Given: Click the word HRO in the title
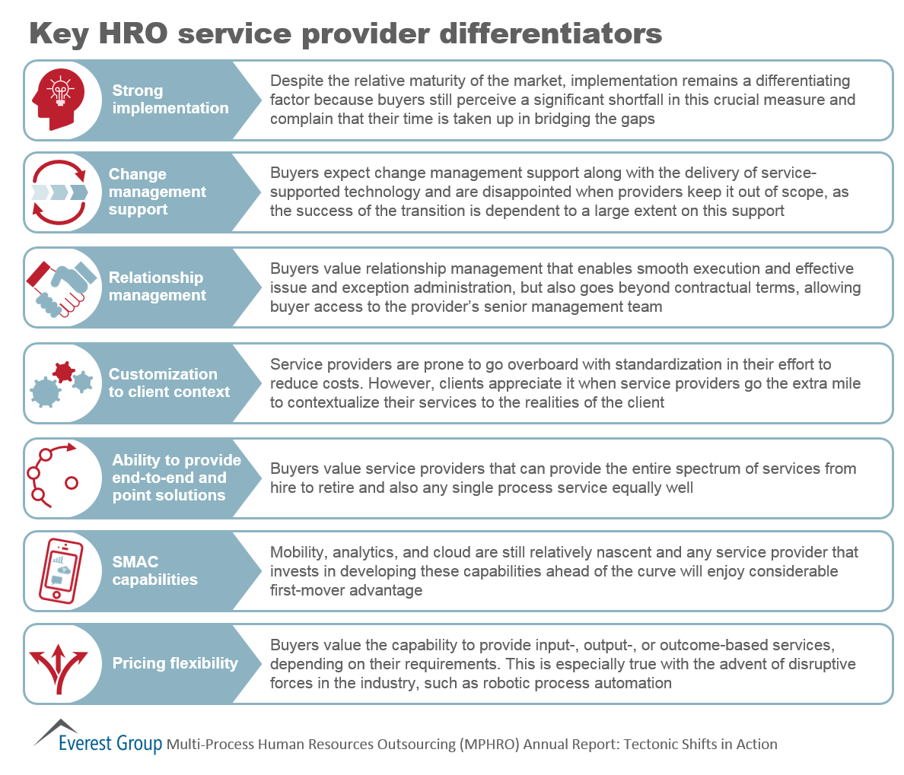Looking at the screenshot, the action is pyautogui.click(x=133, y=33).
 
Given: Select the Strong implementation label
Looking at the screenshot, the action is pyautogui.click(x=170, y=99).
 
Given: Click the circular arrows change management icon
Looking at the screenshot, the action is pyautogui.click(x=59, y=192).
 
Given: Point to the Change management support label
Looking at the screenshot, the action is pyautogui.click(x=157, y=192).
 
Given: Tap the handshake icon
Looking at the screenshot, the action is pyautogui.click(x=61, y=289).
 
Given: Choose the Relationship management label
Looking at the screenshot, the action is pyautogui.click(x=157, y=286).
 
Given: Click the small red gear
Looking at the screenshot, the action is pyautogui.click(x=63, y=372).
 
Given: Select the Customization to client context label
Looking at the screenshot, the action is pyautogui.click(x=169, y=383).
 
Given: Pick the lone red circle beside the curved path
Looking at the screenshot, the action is pyautogui.click(x=72, y=483).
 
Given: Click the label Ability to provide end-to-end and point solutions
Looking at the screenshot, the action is pyautogui.click(x=177, y=477).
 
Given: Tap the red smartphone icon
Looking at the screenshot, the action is pyautogui.click(x=61, y=571).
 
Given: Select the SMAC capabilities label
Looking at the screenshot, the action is pyautogui.click(x=154, y=570).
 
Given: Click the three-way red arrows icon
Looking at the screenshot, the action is pyautogui.click(x=59, y=669).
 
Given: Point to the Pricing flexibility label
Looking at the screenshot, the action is pyautogui.click(x=175, y=663).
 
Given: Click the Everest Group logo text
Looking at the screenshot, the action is pyautogui.click(x=110, y=743).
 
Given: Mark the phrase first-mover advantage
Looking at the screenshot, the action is pyautogui.click(x=346, y=591).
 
